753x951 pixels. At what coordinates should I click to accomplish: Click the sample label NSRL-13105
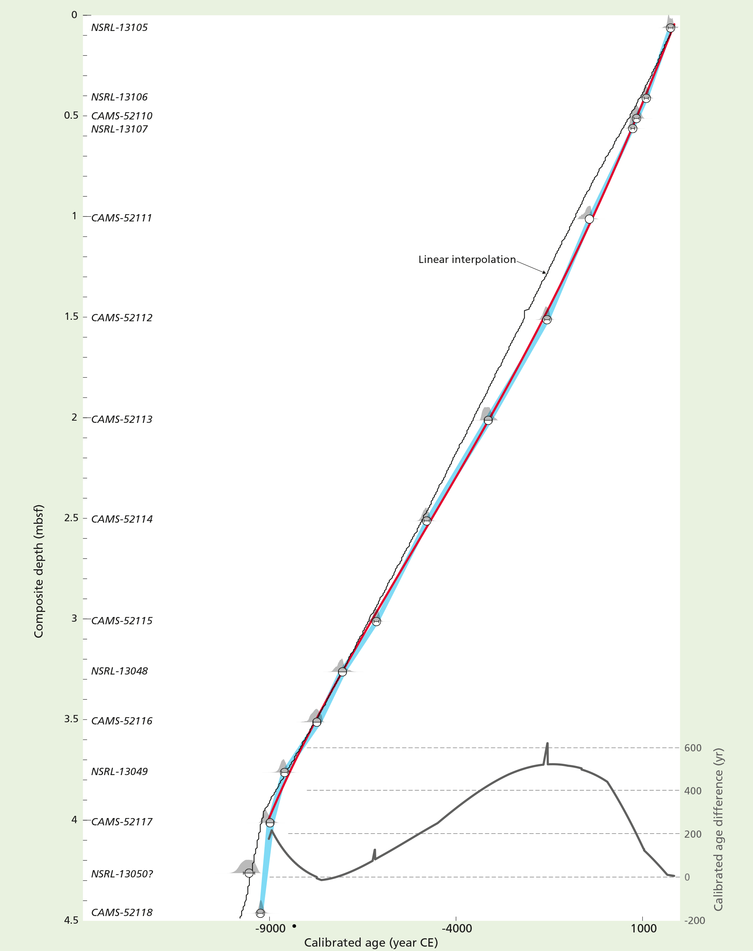pyautogui.click(x=119, y=27)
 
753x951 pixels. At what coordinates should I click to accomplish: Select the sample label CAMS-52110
pyautogui.click(x=121, y=116)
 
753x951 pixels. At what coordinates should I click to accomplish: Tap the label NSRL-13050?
pyautogui.click(x=122, y=873)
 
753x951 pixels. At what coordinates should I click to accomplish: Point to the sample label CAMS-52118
pyautogui.click(x=121, y=912)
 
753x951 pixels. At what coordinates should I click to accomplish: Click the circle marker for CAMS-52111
pyautogui.click(x=589, y=219)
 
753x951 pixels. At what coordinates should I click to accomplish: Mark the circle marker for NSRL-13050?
pyautogui.click(x=249, y=873)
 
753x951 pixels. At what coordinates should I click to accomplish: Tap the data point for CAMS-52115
pyautogui.click(x=376, y=621)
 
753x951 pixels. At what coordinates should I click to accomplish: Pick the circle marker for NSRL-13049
pyautogui.click(x=285, y=773)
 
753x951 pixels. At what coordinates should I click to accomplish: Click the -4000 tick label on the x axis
pyautogui.click(x=456, y=928)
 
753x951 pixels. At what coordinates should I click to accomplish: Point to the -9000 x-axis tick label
pyautogui.click(x=270, y=928)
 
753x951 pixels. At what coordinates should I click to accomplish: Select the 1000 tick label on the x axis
pyautogui.click(x=643, y=928)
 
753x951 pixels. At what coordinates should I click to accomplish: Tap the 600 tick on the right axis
pyautogui.click(x=693, y=748)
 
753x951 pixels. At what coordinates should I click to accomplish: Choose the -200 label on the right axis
pyautogui.click(x=694, y=920)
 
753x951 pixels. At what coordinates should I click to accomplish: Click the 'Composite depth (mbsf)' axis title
pyautogui.click(x=39, y=571)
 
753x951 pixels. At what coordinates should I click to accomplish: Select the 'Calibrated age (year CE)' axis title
pyautogui.click(x=371, y=942)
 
